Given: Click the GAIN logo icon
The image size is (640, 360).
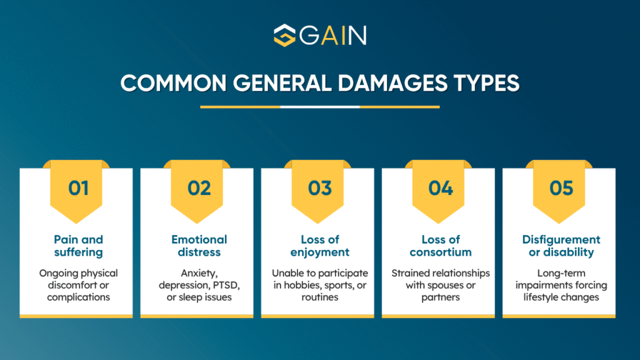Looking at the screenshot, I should pyautogui.click(x=285, y=35).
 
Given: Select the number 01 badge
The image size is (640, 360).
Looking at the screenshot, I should pyautogui.click(x=78, y=187).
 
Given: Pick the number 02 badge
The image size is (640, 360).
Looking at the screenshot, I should pyautogui.click(x=199, y=187).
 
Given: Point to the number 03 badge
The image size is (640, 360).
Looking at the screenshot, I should pyautogui.click(x=319, y=187).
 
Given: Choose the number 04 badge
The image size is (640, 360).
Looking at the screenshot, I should pyautogui.click(x=441, y=187).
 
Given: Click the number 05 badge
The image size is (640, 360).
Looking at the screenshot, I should pyautogui.click(x=561, y=187).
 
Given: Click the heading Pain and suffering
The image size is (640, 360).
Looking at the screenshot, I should pyautogui.click(x=78, y=246).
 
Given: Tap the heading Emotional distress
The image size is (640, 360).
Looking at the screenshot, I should pyautogui.click(x=199, y=246).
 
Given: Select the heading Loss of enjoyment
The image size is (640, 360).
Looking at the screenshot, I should pyautogui.click(x=319, y=246).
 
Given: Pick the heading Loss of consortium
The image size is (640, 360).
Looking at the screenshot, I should pyautogui.click(x=441, y=246).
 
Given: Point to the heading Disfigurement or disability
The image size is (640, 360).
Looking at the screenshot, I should pyautogui.click(x=561, y=246).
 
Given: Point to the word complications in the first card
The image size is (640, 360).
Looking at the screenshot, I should pyautogui.click(x=78, y=297).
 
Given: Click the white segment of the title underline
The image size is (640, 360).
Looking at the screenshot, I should pyautogui.click(x=319, y=106).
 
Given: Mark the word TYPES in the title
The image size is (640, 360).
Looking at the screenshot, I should pyautogui.click(x=486, y=83).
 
